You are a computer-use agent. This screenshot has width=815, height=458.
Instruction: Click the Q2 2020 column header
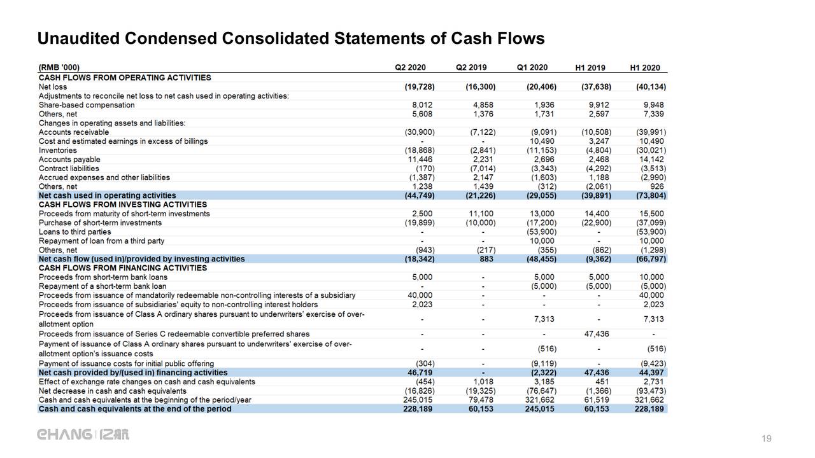point(410,67)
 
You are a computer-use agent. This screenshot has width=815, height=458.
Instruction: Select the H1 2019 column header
point(590,68)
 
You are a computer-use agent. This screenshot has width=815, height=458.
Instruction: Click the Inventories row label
point(57,150)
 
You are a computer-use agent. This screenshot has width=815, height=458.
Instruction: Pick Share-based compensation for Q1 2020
point(544,105)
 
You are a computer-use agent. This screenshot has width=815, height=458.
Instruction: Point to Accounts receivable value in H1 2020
point(650,132)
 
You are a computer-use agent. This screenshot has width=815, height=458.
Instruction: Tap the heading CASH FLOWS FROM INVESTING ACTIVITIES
point(123,204)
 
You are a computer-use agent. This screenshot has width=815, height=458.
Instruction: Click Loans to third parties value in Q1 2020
point(541,232)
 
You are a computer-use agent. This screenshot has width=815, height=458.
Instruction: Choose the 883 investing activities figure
point(488,259)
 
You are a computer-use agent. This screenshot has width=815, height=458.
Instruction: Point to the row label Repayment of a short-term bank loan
point(103,286)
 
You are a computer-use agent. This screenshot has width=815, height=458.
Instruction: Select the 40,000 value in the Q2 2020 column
point(420,295)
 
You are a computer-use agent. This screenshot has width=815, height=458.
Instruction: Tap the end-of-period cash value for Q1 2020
point(541,409)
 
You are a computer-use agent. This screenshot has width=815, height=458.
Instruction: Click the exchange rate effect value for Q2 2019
point(484,382)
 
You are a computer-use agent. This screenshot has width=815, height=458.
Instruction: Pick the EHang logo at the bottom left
point(83,434)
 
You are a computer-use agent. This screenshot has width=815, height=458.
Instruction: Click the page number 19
point(767,439)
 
